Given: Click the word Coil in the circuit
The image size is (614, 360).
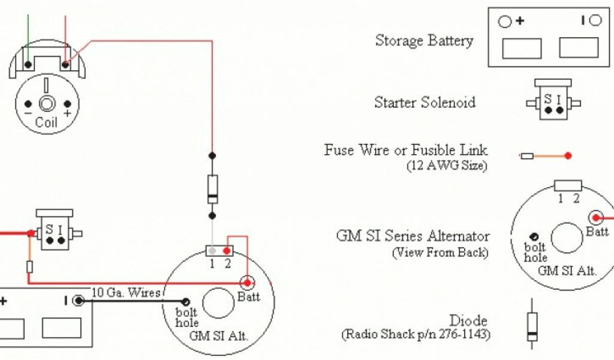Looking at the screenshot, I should click(x=46, y=122).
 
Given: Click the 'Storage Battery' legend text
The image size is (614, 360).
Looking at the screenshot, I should click(x=424, y=41).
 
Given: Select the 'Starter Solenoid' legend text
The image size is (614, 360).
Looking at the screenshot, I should click(x=425, y=103).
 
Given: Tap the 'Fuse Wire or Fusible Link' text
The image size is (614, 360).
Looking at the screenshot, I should click(x=406, y=149).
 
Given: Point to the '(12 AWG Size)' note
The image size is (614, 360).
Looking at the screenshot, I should click(x=447, y=165).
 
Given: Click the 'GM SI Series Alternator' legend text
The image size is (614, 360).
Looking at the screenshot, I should click(x=413, y=236).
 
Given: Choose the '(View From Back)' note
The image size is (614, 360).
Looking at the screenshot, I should click(x=440, y=252).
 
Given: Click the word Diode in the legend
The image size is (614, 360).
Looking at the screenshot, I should click(x=468, y=320).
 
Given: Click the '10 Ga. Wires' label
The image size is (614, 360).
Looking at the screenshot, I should click(x=126, y=293).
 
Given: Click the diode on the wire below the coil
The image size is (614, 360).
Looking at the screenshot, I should click(x=212, y=188).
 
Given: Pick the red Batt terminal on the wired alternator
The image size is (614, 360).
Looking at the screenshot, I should click(x=246, y=283).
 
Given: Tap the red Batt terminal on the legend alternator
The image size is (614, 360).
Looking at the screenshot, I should click(x=597, y=218).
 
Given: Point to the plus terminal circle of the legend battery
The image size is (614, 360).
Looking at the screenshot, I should click(x=505, y=22).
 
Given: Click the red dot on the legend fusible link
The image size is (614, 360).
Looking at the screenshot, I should click(x=568, y=156).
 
